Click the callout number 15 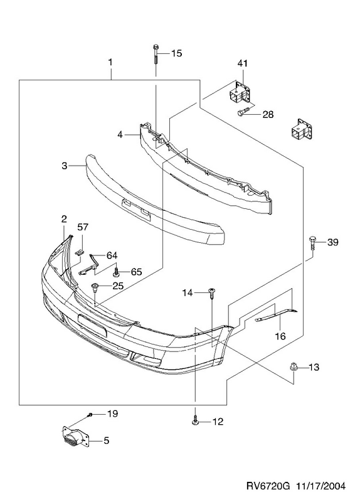point(176,53)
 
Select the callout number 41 point(243,63)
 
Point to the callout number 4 point(120,135)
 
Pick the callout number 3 point(65,166)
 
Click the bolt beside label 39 point(312,243)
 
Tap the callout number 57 point(83,227)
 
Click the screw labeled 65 point(117,273)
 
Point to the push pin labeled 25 point(95,287)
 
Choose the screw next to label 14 point(212,293)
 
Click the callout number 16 point(280,336)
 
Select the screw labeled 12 point(195,422)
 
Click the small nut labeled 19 point(90,415)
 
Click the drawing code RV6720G point(268,486)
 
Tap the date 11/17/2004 point(320,486)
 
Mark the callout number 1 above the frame point(110,62)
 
